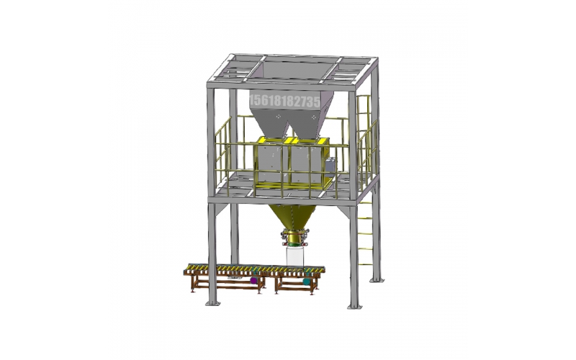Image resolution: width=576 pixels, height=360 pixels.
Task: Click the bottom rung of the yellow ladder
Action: pyautogui.click(x=366, y=264)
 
